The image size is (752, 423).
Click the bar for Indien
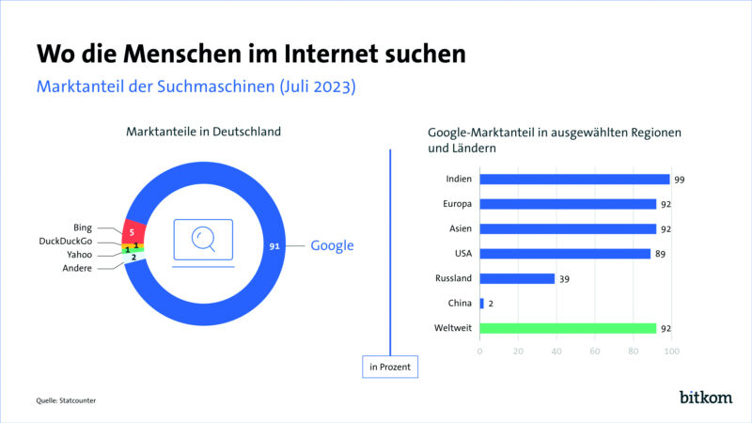point(574,179)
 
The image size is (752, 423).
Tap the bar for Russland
point(517,278)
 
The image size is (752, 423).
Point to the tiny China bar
point(481,304)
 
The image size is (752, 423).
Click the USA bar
point(564,253)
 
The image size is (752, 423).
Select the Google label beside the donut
point(332,246)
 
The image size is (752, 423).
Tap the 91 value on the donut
point(274,246)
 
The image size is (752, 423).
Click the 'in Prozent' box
point(389,367)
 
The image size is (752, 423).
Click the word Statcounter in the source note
point(79,401)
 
